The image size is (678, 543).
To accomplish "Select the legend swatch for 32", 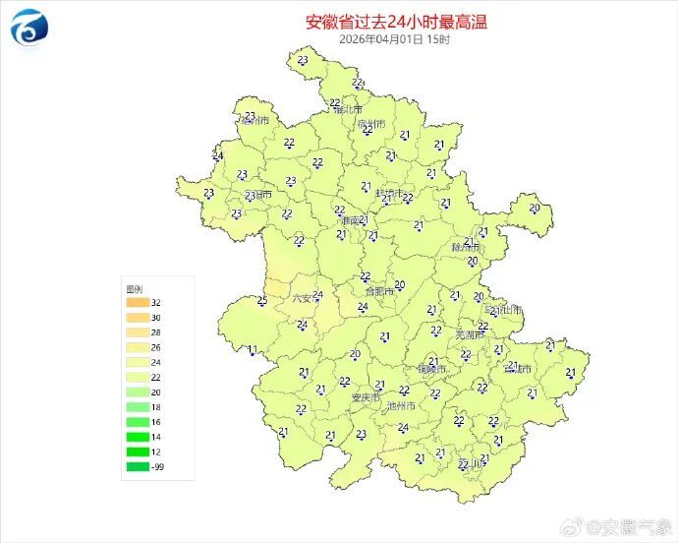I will (x=137, y=303).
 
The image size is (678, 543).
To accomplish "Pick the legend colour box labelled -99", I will (x=137, y=466).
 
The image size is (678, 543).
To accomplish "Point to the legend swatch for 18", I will (x=137, y=406).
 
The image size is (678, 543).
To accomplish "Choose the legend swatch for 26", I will (x=137, y=347).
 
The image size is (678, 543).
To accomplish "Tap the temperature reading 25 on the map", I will (x=261, y=301).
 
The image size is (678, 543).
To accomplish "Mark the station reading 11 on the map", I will (x=253, y=349).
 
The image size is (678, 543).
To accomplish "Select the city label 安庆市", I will (x=367, y=398).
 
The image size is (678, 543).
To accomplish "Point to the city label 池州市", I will (x=401, y=406).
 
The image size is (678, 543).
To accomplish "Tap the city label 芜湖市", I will (x=470, y=336).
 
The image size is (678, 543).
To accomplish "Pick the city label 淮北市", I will (x=348, y=110).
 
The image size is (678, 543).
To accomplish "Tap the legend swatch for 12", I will (x=137, y=452).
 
